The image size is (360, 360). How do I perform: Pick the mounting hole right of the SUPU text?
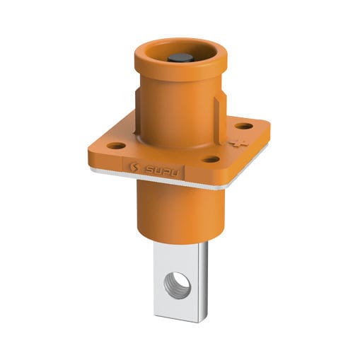pyautogui.click(x=211, y=159)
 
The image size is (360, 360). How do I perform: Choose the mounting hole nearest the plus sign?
pyautogui.click(x=244, y=127)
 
